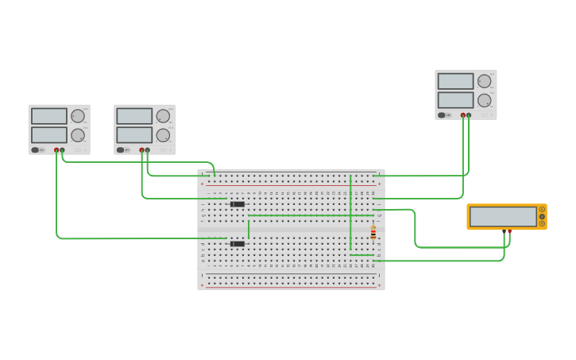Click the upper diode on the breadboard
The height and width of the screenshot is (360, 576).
238,204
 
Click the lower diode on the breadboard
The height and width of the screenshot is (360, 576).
238,244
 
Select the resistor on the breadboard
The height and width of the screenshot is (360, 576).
373,233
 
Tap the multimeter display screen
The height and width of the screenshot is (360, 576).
503,216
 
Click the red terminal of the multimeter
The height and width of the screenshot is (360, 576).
509,231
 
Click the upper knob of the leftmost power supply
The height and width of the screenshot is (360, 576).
78,116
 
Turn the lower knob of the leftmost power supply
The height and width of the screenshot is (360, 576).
78,135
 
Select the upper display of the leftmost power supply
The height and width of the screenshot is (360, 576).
49,116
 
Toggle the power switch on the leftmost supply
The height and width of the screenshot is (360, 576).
36,149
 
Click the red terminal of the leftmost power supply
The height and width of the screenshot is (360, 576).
56,149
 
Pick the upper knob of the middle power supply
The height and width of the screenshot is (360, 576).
163,116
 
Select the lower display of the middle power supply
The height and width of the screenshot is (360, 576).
134,135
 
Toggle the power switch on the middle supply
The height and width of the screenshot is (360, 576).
121,149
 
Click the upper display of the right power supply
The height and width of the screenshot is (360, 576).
455,81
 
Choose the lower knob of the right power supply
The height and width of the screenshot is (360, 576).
484,100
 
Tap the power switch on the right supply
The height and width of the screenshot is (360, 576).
442,114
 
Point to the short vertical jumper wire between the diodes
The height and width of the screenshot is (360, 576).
249,229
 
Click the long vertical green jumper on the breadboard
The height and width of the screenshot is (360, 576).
350,213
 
